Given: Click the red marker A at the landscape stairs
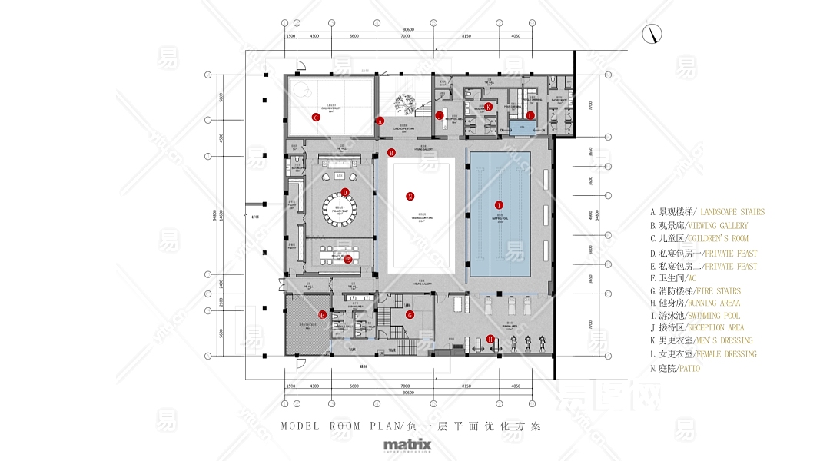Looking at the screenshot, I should (x=380, y=121).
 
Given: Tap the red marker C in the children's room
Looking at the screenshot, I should (x=315, y=118).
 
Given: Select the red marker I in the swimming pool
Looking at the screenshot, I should (x=500, y=205).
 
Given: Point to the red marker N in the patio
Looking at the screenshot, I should (x=410, y=196).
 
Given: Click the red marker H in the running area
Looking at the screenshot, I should (x=490, y=339).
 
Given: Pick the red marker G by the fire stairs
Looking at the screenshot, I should (x=410, y=314).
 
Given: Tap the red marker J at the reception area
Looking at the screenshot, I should (x=440, y=115).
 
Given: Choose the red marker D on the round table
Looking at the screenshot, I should (x=345, y=193).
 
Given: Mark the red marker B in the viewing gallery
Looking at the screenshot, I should (x=391, y=152).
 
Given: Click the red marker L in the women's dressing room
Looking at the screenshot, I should (x=530, y=115).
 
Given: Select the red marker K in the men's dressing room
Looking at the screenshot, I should (x=488, y=107).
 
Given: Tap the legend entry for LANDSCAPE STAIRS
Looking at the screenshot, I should (x=707, y=212).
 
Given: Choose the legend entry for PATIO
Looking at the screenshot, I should (x=675, y=369).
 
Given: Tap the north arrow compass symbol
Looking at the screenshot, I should (x=653, y=35).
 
